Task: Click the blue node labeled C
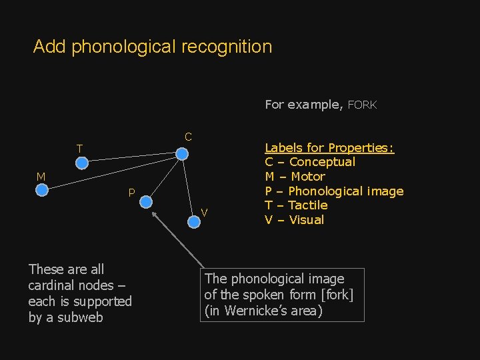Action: (x=181, y=153)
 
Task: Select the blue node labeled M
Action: (x=41, y=190)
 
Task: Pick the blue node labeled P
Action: (x=145, y=202)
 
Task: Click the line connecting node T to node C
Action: (x=132, y=158)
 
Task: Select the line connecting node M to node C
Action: (x=111, y=172)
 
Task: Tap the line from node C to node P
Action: (x=163, y=177)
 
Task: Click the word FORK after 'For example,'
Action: (x=362, y=105)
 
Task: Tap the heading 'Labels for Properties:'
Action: (x=329, y=147)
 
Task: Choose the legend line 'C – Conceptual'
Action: (x=310, y=162)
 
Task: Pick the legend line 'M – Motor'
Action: (x=295, y=177)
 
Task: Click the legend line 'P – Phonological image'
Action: (x=334, y=191)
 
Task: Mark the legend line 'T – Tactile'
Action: (x=296, y=205)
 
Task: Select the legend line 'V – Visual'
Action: (x=294, y=220)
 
